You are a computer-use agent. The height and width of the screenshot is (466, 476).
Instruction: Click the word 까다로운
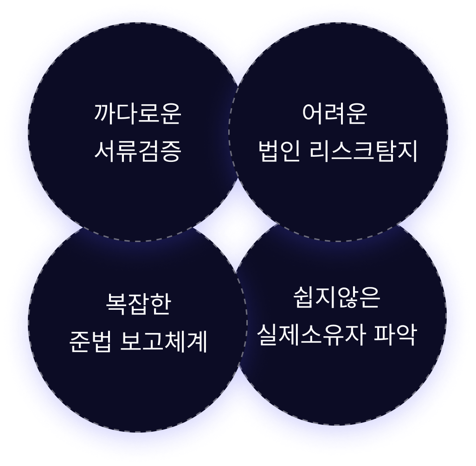(x=137, y=114)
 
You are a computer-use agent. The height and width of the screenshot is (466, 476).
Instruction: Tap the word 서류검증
(x=137, y=151)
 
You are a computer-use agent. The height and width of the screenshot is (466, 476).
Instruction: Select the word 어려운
(x=334, y=114)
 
